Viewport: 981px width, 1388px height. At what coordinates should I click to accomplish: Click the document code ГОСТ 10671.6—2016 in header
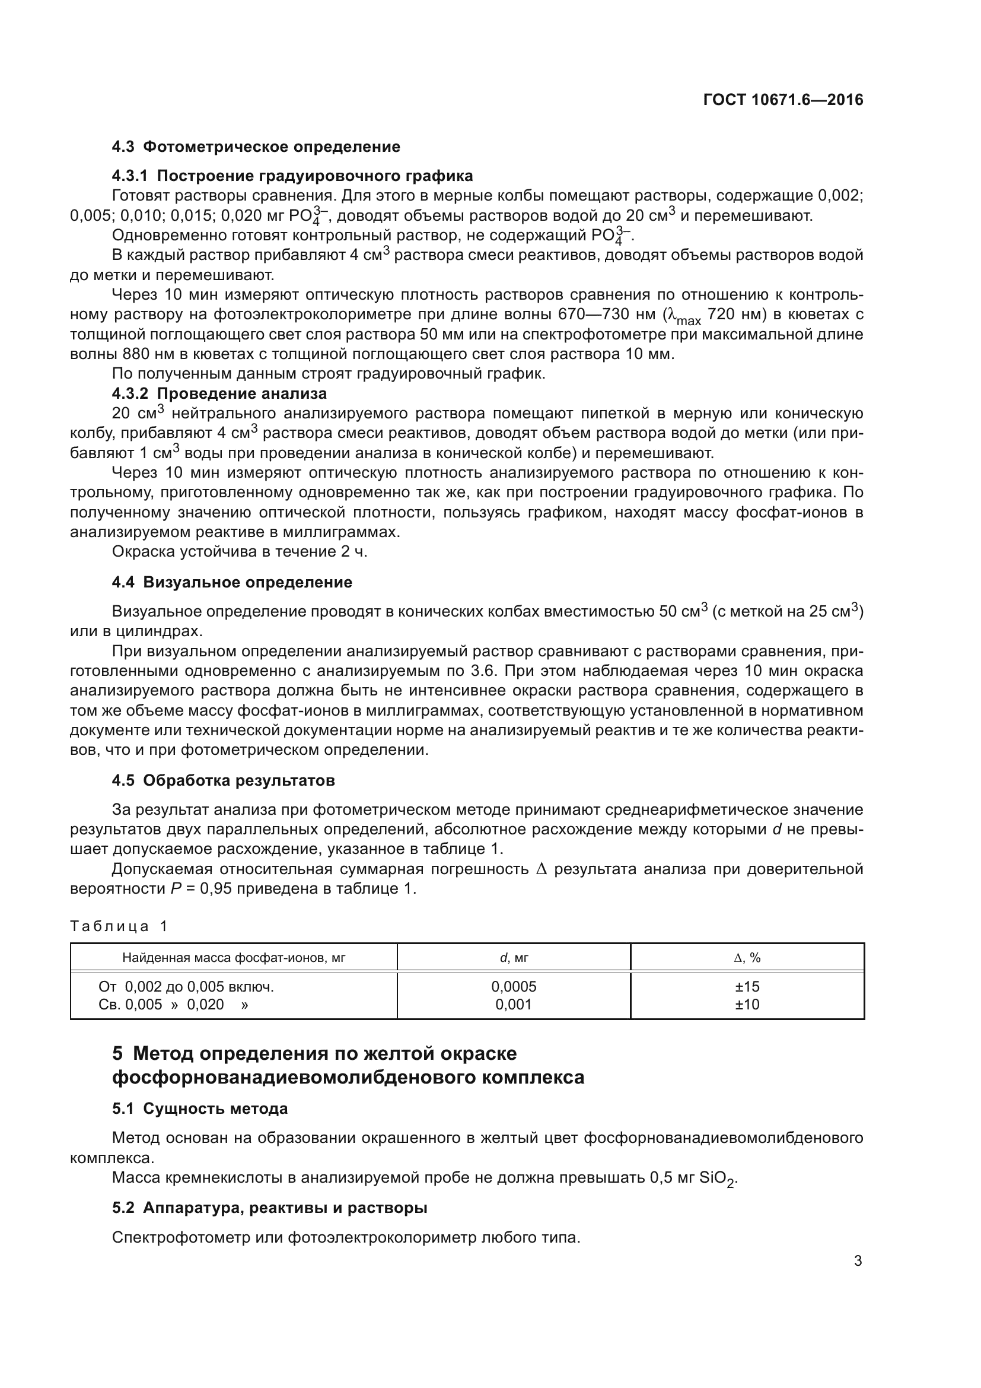[783, 100]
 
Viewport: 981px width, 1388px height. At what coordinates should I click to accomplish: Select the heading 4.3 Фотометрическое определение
[256, 147]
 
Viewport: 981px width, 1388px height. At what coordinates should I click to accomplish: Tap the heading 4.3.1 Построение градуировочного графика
[292, 176]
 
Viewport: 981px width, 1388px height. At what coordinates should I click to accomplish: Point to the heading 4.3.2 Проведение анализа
[219, 393]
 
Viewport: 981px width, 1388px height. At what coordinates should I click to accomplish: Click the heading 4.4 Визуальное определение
[232, 582]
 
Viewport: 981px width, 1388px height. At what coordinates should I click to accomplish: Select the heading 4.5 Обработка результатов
[224, 780]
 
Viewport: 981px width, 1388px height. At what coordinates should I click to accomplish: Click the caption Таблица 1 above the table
[119, 926]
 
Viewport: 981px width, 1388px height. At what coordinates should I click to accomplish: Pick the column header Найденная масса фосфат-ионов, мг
[234, 958]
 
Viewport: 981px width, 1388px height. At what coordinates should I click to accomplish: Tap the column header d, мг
[514, 958]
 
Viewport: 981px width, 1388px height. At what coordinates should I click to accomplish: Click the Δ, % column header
[747, 958]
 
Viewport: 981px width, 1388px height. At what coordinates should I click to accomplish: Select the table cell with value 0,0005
[514, 987]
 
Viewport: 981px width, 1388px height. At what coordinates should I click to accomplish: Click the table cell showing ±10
[747, 1005]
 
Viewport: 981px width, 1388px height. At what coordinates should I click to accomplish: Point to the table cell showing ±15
[747, 987]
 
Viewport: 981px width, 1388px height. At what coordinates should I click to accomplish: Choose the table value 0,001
[514, 1005]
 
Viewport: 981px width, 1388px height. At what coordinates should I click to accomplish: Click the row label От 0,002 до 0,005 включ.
[186, 987]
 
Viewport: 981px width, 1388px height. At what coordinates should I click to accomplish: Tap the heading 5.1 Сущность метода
[200, 1109]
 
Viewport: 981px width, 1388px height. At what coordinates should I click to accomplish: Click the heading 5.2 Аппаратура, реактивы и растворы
[270, 1208]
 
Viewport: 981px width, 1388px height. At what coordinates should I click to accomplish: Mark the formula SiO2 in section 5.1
[718, 1179]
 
